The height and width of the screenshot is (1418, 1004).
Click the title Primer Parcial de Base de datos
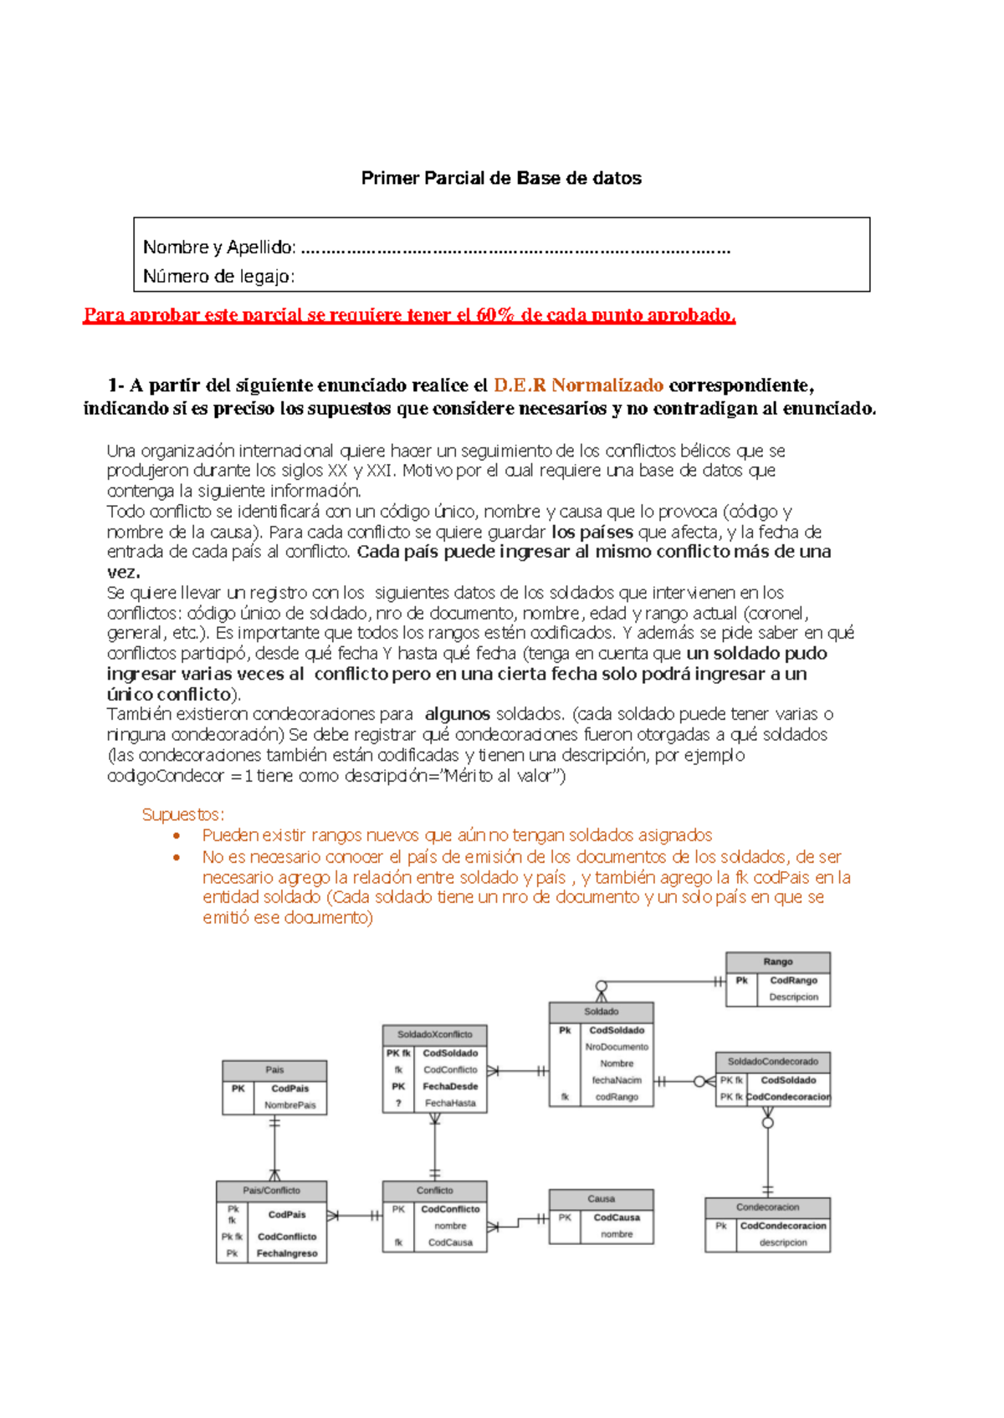pyautogui.click(x=501, y=178)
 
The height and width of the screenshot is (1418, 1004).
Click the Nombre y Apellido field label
pyautogui.click(x=219, y=247)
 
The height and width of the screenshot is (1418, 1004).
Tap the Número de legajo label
pyautogui.click(x=218, y=276)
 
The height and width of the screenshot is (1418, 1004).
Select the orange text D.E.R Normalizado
pyautogui.click(x=578, y=385)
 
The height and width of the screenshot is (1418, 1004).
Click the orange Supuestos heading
pyautogui.click(x=182, y=814)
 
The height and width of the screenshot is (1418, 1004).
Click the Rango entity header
pyautogui.click(x=777, y=961)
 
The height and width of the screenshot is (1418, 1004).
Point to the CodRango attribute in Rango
pyautogui.click(x=793, y=980)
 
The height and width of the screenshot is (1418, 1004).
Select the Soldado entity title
pyautogui.click(x=601, y=1012)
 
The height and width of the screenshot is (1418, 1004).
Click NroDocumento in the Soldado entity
pyautogui.click(x=617, y=1047)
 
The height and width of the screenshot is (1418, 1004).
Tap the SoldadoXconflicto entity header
pyautogui.click(x=434, y=1034)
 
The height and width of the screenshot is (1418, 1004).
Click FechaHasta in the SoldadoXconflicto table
pyautogui.click(x=450, y=1103)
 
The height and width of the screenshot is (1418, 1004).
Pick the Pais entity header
pyautogui.click(x=274, y=1069)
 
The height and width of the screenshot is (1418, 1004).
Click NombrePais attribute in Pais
pyautogui.click(x=289, y=1105)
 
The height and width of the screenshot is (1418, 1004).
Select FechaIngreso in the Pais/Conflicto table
pyautogui.click(x=286, y=1253)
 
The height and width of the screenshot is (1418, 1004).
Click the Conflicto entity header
pyautogui.click(x=434, y=1190)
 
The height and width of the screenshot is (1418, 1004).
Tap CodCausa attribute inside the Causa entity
pyautogui.click(x=617, y=1217)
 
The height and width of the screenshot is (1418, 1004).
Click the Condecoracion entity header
pyautogui.click(x=767, y=1207)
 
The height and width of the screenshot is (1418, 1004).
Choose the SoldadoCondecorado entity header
pyautogui.click(x=772, y=1061)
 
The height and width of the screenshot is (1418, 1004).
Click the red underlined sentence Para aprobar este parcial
pyautogui.click(x=408, y=315)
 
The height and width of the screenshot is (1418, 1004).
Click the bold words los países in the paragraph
pyautogui.click(x=592, y=532)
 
